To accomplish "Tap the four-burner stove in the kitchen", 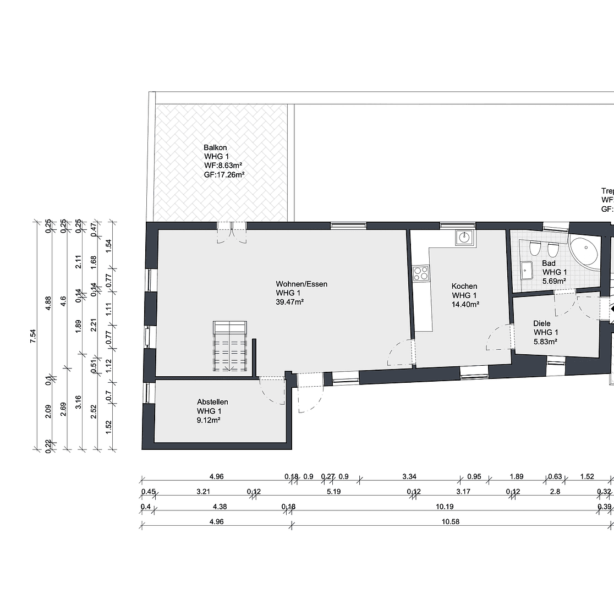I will [421, 273].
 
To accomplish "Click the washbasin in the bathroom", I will [527, 270].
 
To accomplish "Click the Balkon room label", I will [215, 147].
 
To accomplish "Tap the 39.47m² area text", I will [290, 302].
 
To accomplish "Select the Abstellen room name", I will [212, 402].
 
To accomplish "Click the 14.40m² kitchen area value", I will [464, 304].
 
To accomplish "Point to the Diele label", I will [541, 323].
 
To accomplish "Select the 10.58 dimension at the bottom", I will [450, 521].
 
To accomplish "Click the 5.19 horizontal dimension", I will [333, 492].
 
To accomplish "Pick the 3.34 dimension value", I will [409, 476].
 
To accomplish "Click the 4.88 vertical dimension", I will [48, 304].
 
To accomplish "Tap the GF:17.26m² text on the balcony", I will [224, 174].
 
